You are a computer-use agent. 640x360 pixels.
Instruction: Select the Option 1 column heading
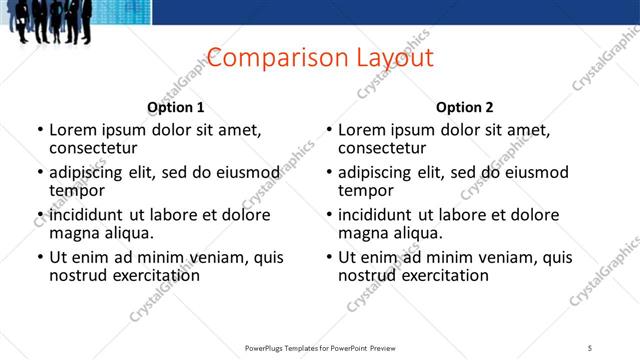click(x=176, y=107)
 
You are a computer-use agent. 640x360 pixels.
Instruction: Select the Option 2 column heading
click(x=464, y=107)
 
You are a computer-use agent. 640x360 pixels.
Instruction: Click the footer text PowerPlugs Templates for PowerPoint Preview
click(x=320, y=347)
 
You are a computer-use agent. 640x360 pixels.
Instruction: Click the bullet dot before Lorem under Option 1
click(x=40, y=130)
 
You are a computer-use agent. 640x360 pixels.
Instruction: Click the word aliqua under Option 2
click(x=417, y=233)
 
